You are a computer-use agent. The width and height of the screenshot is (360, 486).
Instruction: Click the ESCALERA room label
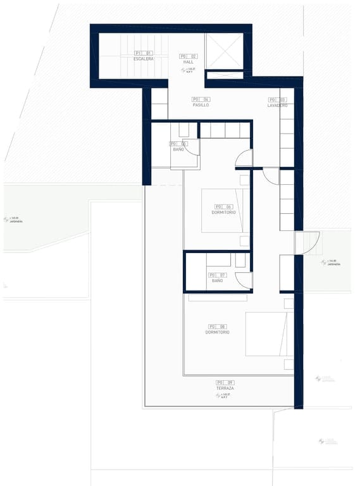click(143, 59)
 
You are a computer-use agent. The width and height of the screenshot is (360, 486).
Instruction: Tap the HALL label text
click(189, 62)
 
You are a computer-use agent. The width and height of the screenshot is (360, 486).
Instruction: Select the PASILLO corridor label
click(201, 105)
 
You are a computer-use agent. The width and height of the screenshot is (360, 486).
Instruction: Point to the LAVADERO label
click(277, 105)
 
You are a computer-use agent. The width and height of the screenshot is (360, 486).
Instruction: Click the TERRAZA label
click(225, 388)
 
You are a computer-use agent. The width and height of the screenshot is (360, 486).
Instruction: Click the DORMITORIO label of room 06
click(224, 212)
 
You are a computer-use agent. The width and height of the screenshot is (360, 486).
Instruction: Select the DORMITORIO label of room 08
click(217, 332)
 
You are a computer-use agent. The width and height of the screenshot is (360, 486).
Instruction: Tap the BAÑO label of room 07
click(218, 280)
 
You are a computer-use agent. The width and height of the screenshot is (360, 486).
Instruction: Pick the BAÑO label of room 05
click(179, 149)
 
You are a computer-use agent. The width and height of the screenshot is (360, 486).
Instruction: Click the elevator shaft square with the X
click(224, 51)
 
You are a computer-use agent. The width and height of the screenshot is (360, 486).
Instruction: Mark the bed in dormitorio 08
click(270, 333)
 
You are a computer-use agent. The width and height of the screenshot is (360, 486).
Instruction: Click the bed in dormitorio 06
click(225, 211)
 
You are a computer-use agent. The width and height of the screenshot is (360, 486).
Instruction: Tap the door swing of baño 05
click(192, 147)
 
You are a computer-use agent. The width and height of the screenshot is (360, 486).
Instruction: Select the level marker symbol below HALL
click(183, 70)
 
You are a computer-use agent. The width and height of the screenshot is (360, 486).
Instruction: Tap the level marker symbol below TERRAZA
click(218, 396)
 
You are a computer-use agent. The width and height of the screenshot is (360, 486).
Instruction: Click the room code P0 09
click(225, 382)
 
